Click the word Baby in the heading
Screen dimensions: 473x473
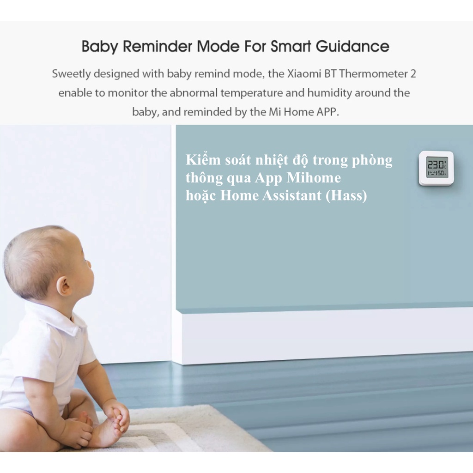(x=99, y=47)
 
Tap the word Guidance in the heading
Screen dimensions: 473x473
(x=352, y=46)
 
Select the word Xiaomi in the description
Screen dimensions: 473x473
(x=304, y=73)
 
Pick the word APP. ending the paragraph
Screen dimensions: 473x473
(x=328, y=112)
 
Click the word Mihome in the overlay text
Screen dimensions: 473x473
(x=314, y=178)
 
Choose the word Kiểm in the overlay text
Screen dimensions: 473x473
(x=203, y=159)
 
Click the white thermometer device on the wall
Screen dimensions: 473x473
(x=436, y=168)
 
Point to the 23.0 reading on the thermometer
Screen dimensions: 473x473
(x=435, y=165)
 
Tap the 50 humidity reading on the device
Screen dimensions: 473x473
(x=441, y=173)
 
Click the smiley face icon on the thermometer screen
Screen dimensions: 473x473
(x=432, y=173)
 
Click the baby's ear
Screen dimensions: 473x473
(x=64, y=285)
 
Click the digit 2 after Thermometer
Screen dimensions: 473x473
(x=413, y=73)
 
